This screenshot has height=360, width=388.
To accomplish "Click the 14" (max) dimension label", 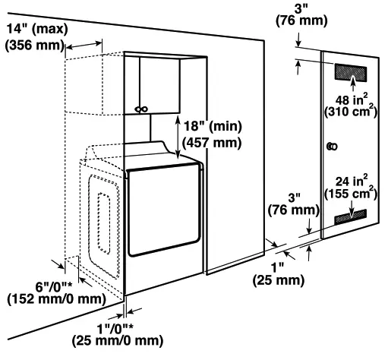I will pos(35,29).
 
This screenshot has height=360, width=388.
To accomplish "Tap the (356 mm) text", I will pos(35,45).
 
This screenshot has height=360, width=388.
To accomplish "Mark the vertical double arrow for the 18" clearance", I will pos(178,137).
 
